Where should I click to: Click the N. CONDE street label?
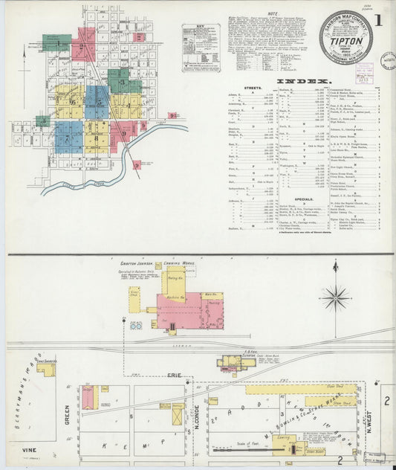(198, 408)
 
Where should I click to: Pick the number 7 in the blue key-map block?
(68, 135)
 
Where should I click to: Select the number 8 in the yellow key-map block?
(97, 135)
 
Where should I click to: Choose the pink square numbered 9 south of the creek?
(136, 164)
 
